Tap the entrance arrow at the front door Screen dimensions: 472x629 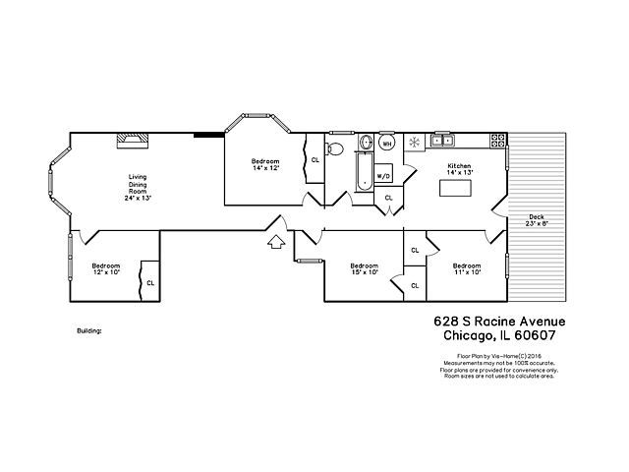tap(276, 239)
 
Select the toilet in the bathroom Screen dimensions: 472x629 tap(334, 149)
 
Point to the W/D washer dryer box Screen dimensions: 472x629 tap(383, 176)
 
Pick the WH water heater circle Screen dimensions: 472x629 tap(387, 144)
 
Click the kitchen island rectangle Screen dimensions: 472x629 tap(455, 187)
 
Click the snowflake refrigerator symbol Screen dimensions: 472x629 tap(414, 143)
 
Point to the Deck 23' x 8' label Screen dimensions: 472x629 tap(537, 220)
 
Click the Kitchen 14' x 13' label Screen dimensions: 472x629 tap(460, 168)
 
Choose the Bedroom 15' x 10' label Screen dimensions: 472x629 tap(365, 268)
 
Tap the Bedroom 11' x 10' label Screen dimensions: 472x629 tap(466, 268)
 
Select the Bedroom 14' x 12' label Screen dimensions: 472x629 tap(265, 164)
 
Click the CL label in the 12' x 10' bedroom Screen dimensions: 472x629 tap(150, 282)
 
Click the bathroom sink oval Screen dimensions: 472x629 tap(365, 142)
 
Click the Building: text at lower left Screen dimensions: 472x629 tap(89, 331)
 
